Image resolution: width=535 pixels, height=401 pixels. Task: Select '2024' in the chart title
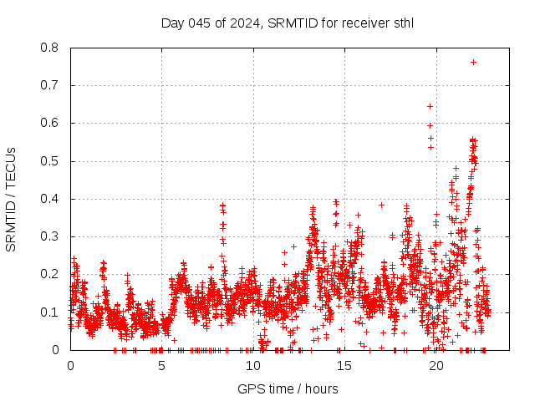[244, 23]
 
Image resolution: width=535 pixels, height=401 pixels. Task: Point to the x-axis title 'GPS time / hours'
[288, 388]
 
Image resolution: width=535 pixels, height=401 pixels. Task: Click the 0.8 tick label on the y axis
[51, 48]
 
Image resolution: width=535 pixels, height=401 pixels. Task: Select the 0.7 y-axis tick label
[51, 85]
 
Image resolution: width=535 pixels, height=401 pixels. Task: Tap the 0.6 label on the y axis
[51, 123]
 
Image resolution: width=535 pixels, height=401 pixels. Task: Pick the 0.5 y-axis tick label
[51, 161]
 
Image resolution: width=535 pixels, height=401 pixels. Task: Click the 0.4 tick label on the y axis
[51, 199]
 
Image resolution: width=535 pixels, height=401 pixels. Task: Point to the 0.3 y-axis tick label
[51, 236]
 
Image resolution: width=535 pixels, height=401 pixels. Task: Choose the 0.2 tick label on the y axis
[51, 274]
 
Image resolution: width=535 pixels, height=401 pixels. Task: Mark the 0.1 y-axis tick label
[51, 312]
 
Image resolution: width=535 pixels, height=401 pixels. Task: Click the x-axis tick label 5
[161, 364]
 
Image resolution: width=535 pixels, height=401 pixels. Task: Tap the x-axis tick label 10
[252, 364]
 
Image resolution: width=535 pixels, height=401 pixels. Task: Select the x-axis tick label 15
[344, 364]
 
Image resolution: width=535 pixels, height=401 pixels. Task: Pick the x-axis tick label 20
[435, 364]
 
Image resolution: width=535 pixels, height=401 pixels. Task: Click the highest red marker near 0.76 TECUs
[473, 62]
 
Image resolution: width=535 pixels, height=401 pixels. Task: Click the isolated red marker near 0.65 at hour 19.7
[430, 106]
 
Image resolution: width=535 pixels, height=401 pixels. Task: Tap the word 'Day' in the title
[171, 23]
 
